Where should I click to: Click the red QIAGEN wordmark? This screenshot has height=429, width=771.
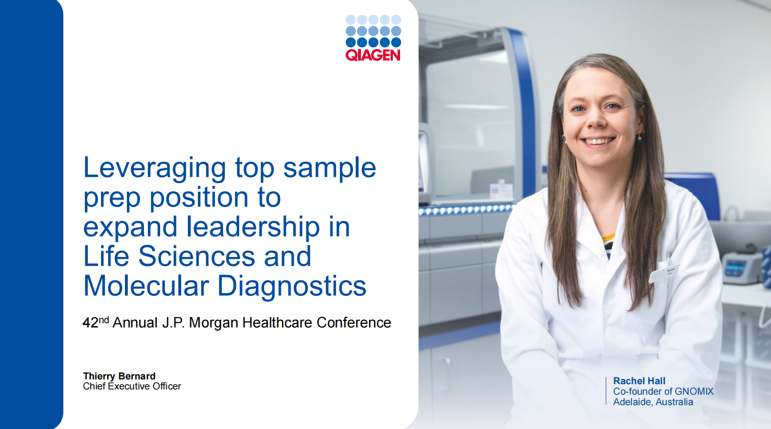[x=373, y=55]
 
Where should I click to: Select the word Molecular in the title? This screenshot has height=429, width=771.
[x=146, y=286]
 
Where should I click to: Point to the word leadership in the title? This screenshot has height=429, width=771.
[x=253, y=227]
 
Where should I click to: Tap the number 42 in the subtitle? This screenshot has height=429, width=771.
[x=91, y=323]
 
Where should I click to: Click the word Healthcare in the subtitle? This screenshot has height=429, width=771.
[x=278, y=323]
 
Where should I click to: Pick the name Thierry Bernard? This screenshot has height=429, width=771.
[x=119, y=376]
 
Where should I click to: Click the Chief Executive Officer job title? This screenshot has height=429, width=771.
[x=132, y=387]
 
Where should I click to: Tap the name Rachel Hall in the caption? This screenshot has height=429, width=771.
[x=639, y=381]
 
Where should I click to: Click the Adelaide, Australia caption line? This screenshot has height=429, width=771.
[x=653, y=402]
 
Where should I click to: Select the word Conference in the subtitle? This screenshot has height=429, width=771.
[x=354, y=323]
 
